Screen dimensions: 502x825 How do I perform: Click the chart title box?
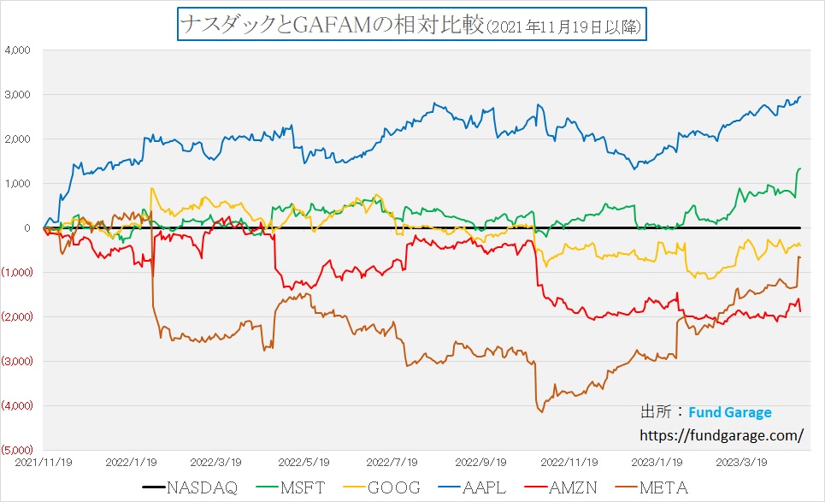click(x=411, y=25)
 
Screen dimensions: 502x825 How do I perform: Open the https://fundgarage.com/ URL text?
click(x=722, y=434)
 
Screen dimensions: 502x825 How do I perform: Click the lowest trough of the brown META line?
click(x=541, y=411)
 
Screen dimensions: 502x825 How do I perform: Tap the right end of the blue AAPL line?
click(x=800, y=97)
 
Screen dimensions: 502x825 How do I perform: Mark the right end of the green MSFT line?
click(x=800, y=168)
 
